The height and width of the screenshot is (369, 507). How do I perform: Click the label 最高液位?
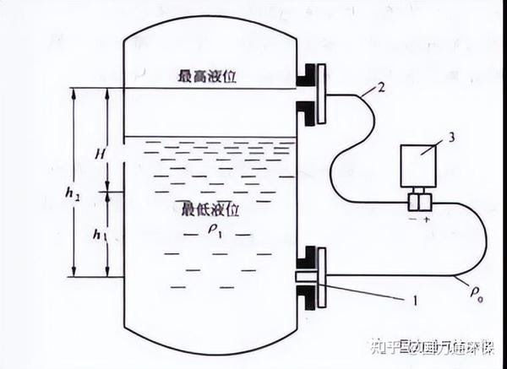tap(206, 76)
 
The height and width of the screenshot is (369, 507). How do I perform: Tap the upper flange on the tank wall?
tap(311, 91)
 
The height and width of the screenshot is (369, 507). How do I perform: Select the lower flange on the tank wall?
tap(311, 274)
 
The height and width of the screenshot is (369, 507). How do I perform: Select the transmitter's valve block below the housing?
tap(418, 202)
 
